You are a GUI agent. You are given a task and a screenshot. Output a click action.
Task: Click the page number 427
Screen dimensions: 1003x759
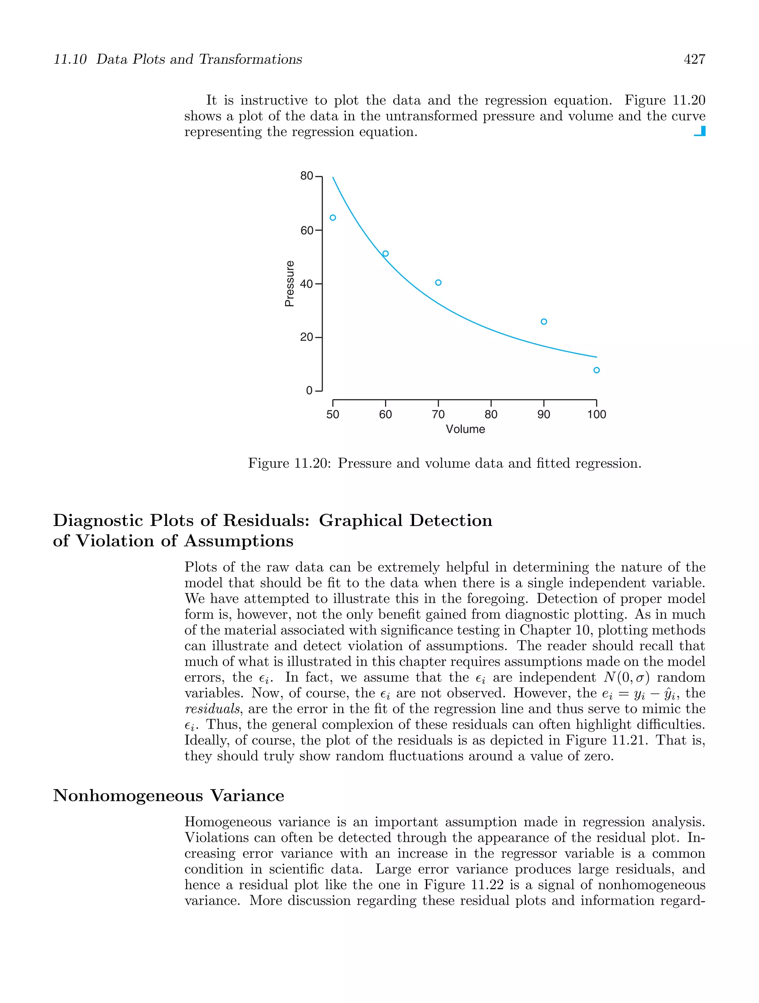pos(694,59)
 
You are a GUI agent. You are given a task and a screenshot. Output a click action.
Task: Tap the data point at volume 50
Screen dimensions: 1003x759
pos(333,218)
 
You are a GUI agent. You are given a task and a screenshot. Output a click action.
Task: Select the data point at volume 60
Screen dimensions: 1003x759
pos(385,254)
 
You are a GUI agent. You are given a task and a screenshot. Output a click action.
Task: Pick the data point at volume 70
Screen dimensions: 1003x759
pos(438,282)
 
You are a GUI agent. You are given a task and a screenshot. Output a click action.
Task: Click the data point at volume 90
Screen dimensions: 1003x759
pos(544,321)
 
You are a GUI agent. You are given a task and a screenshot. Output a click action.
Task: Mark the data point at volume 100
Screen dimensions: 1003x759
pos(596,370)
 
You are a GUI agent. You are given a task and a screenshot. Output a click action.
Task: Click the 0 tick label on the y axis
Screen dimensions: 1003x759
pos(309,390)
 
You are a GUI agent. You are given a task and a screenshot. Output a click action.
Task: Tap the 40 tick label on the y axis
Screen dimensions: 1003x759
pos(307,284)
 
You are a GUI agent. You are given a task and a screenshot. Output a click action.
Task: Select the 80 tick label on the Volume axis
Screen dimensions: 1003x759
pos(491,414)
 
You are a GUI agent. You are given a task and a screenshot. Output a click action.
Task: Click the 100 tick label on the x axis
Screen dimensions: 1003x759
pos(596,414)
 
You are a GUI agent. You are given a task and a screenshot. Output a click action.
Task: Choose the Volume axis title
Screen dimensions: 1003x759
pos(465,429)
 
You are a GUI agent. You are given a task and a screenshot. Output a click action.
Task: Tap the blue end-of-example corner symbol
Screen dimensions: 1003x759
pos(700,132)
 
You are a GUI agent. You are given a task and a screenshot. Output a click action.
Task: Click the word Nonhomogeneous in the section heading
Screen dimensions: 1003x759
pos(127,795)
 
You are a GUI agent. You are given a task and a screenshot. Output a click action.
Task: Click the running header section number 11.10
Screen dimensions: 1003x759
pos(70,59)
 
